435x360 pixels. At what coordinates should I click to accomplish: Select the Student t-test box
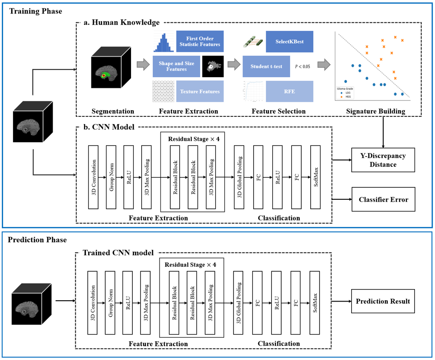pos(266,66)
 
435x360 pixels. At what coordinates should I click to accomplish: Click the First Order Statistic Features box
pos(200,41)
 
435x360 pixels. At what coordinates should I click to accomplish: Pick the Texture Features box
pos(200,91)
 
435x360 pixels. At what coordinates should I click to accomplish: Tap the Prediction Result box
pos(383,302)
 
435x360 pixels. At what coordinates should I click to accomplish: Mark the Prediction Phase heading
pos(37,240)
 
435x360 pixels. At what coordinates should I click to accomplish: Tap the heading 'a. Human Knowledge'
pos(122,22)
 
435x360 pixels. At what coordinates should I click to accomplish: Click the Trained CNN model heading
pos(118,252)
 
